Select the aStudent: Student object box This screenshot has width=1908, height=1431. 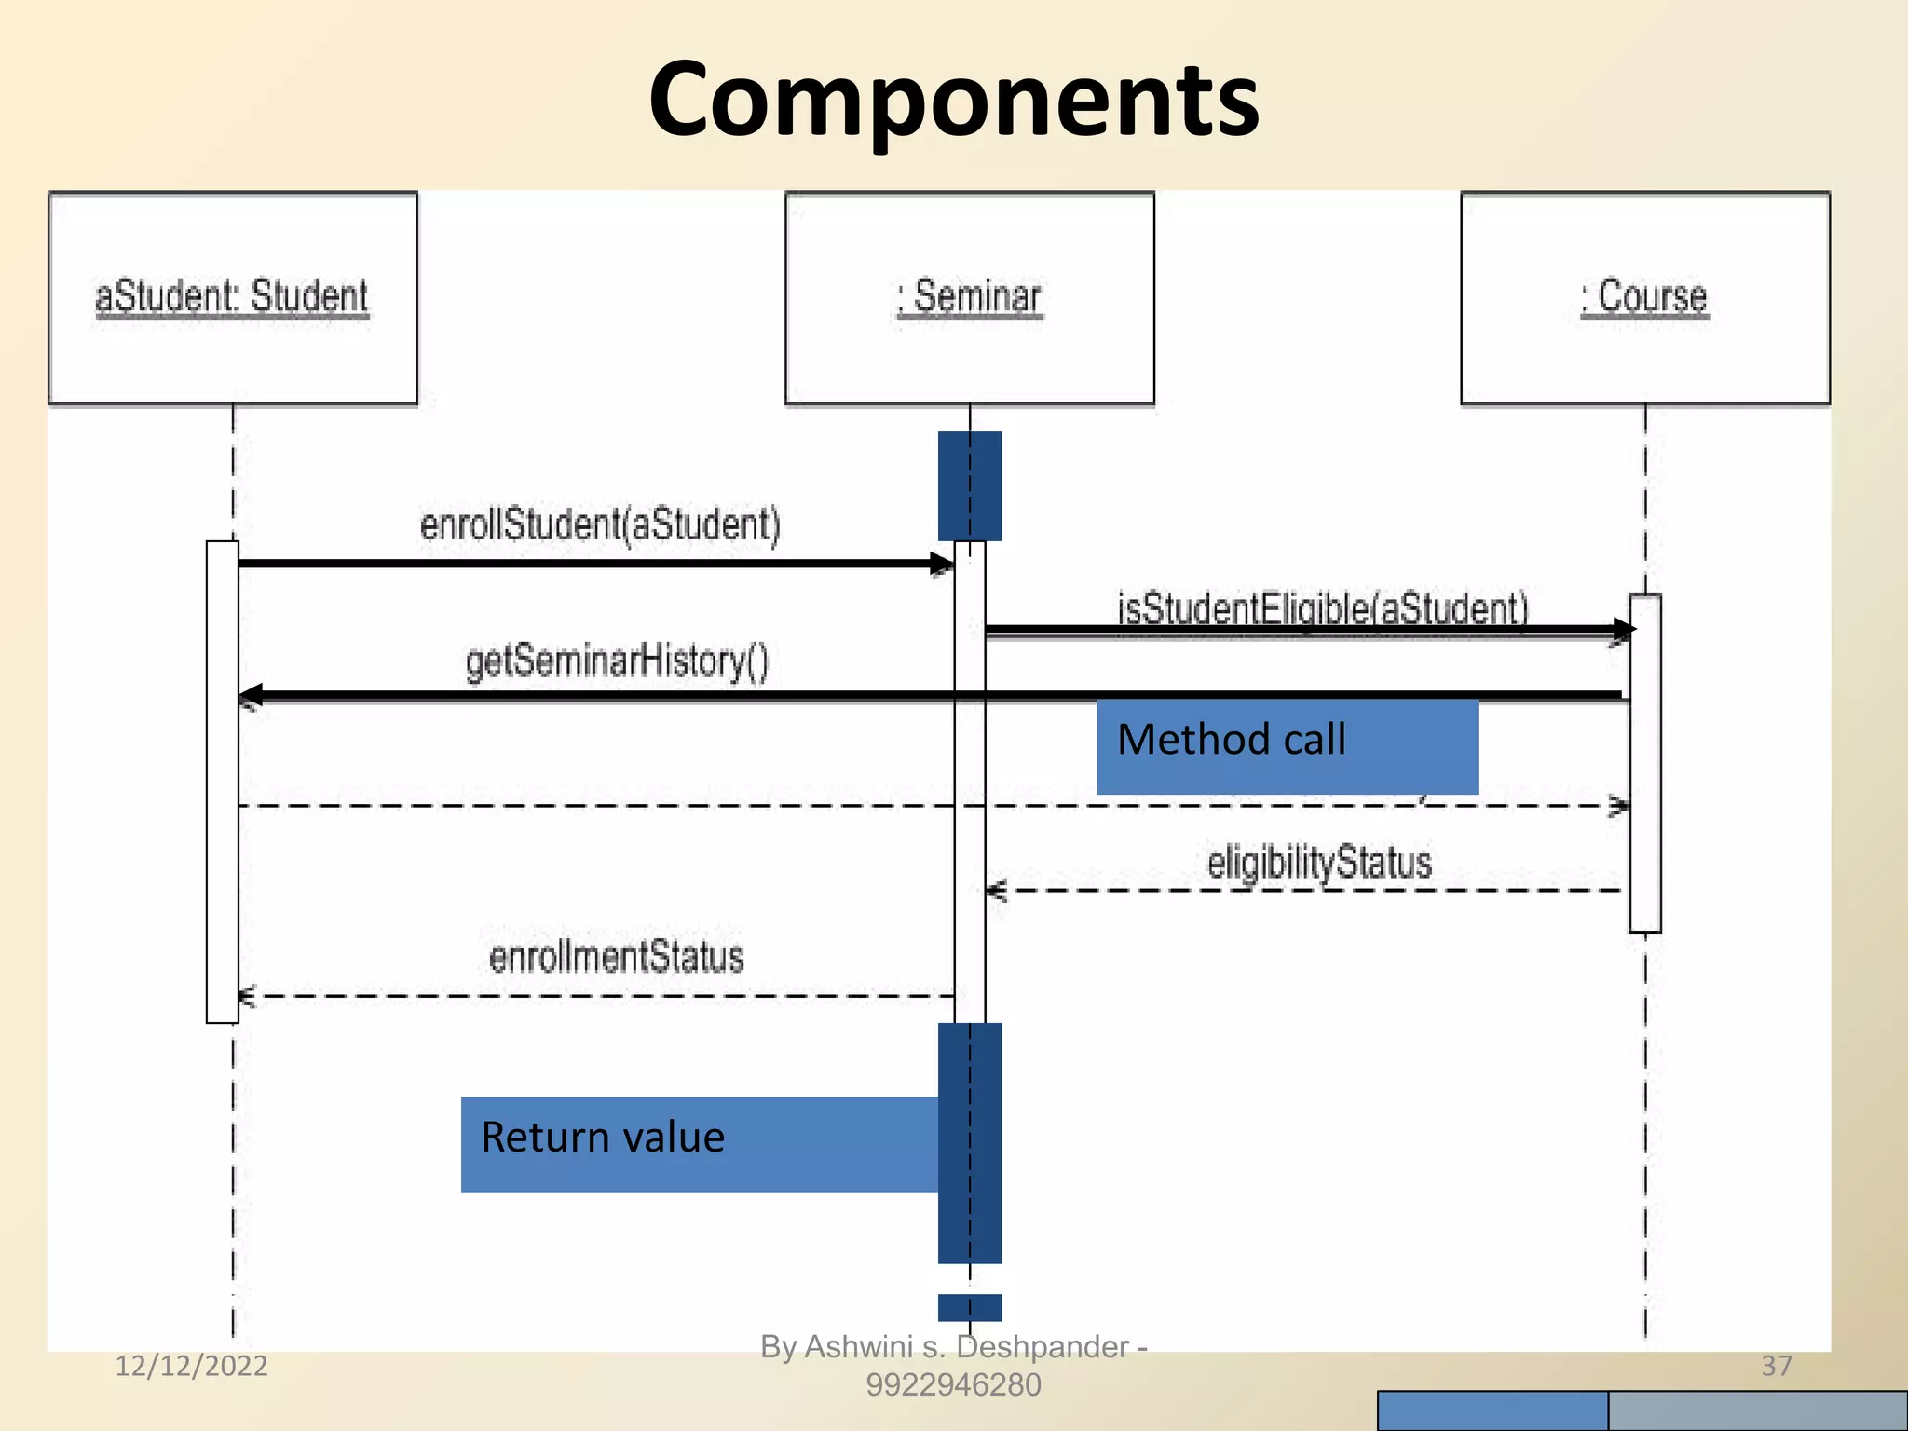[232, 298]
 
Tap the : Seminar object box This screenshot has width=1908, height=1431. [969, 298]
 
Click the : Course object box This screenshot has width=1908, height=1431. [1644, 298]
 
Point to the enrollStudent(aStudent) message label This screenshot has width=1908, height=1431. [600, 525]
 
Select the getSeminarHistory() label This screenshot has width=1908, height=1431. [617, 661]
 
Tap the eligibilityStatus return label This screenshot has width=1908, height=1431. [1319, 862]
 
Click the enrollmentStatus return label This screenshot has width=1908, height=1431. [616, 958]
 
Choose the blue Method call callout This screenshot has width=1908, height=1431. [1286, 745]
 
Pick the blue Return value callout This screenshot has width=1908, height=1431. [699, 1143]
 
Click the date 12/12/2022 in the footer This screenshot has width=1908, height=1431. [191, 1366]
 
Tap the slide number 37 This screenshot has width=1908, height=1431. [1776, 1366]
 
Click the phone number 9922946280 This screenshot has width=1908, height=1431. [953, 1385]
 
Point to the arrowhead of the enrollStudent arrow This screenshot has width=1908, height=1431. [942, 564]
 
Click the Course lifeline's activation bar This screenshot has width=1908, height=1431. [1644, 764]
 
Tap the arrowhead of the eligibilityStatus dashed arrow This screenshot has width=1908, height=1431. [995, 891]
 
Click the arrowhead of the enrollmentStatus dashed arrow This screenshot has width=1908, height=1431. [247, 997]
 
